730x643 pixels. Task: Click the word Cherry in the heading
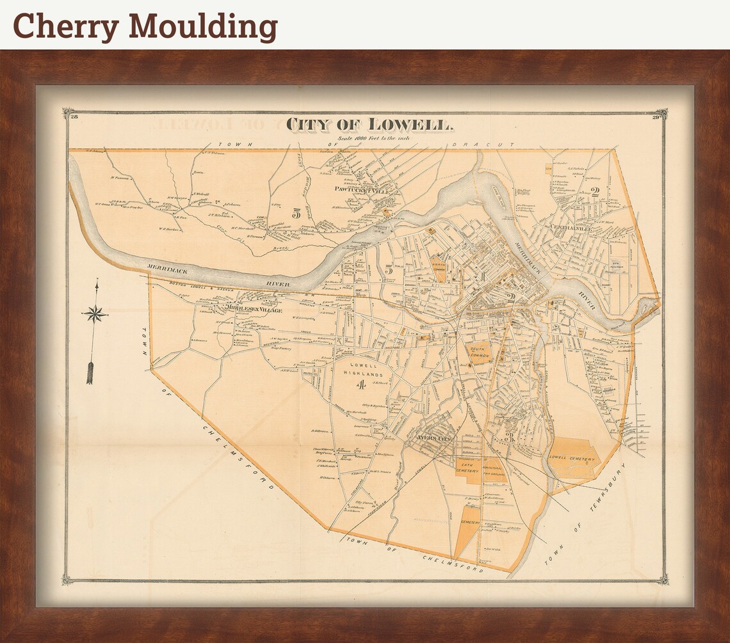click(x=67, y=27)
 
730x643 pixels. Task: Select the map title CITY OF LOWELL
click(x=369, y=124)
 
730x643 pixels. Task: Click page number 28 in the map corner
click(x=74, y=116)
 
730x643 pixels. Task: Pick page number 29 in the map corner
click(x=656, y=116)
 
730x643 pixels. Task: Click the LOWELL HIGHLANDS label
click(x=362, y=370)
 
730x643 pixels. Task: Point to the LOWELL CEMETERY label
click(x=573, y=457)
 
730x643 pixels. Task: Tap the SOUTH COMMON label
click(x=480, y=351)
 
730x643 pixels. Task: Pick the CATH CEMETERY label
click(x=467, y=467)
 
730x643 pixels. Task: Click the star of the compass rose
click(x=95, y=314)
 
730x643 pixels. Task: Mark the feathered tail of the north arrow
click(x=90, y=372)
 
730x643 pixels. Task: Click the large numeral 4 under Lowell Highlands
click(x=361, y=385)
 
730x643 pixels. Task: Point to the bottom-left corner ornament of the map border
click(x=67, y=580)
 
